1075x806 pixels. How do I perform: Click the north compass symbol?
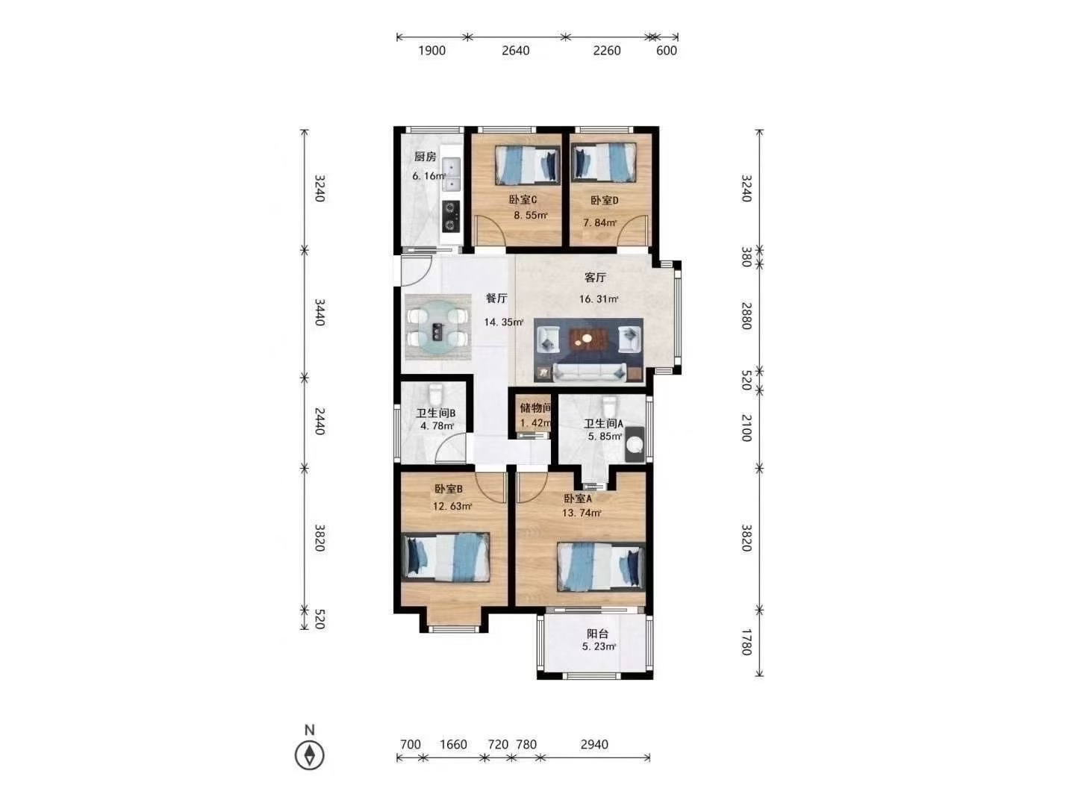point(309,755)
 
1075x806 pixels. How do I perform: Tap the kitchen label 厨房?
point(425,157)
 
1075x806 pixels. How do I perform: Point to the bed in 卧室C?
point(527,164)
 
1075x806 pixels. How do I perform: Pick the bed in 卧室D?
point(604,163)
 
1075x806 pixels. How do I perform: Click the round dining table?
point(437,327)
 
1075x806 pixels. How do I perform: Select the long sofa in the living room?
point(590,372)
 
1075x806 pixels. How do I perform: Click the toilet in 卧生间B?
point(435,393)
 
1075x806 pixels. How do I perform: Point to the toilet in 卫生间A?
point(609,406)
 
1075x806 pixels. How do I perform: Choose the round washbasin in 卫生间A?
point(635,445)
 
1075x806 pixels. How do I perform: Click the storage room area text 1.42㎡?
point(536,423)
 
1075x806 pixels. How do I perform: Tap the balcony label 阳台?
point(597,634)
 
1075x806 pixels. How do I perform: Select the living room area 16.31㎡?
point(599,299)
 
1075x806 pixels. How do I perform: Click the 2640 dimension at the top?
point(516,51)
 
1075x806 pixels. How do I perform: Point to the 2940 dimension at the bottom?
point(594,744)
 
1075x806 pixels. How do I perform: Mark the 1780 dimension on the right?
point(746,642)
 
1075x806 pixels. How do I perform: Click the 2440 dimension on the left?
point(320,421)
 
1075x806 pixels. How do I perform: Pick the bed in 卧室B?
point(445,557)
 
